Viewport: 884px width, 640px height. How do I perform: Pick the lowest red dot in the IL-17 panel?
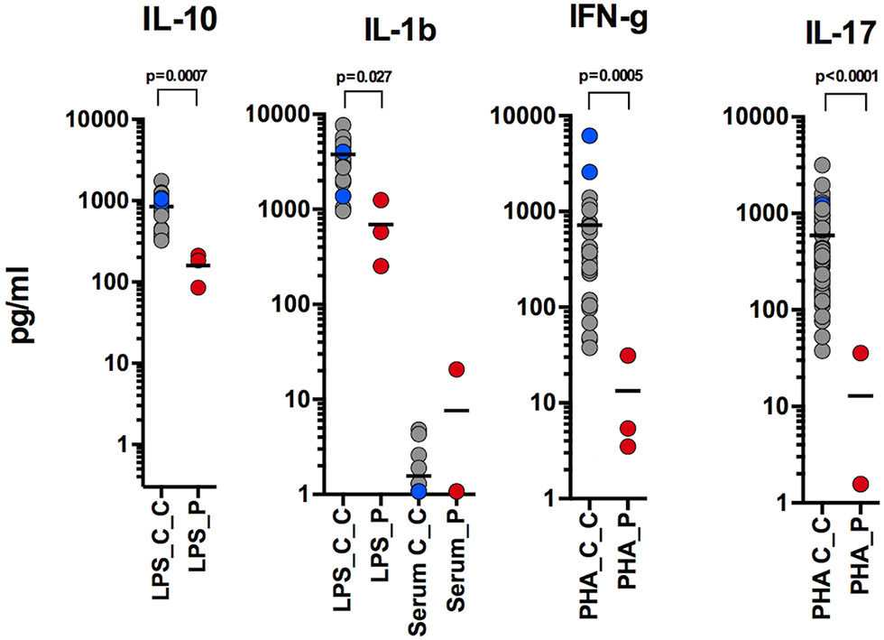point(861,484)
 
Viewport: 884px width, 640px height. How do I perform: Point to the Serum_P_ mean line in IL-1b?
point(456,410)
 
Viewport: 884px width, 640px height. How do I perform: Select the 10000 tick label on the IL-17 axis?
point(754,117)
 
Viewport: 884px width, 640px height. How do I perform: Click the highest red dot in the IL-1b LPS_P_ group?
point(382,200)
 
